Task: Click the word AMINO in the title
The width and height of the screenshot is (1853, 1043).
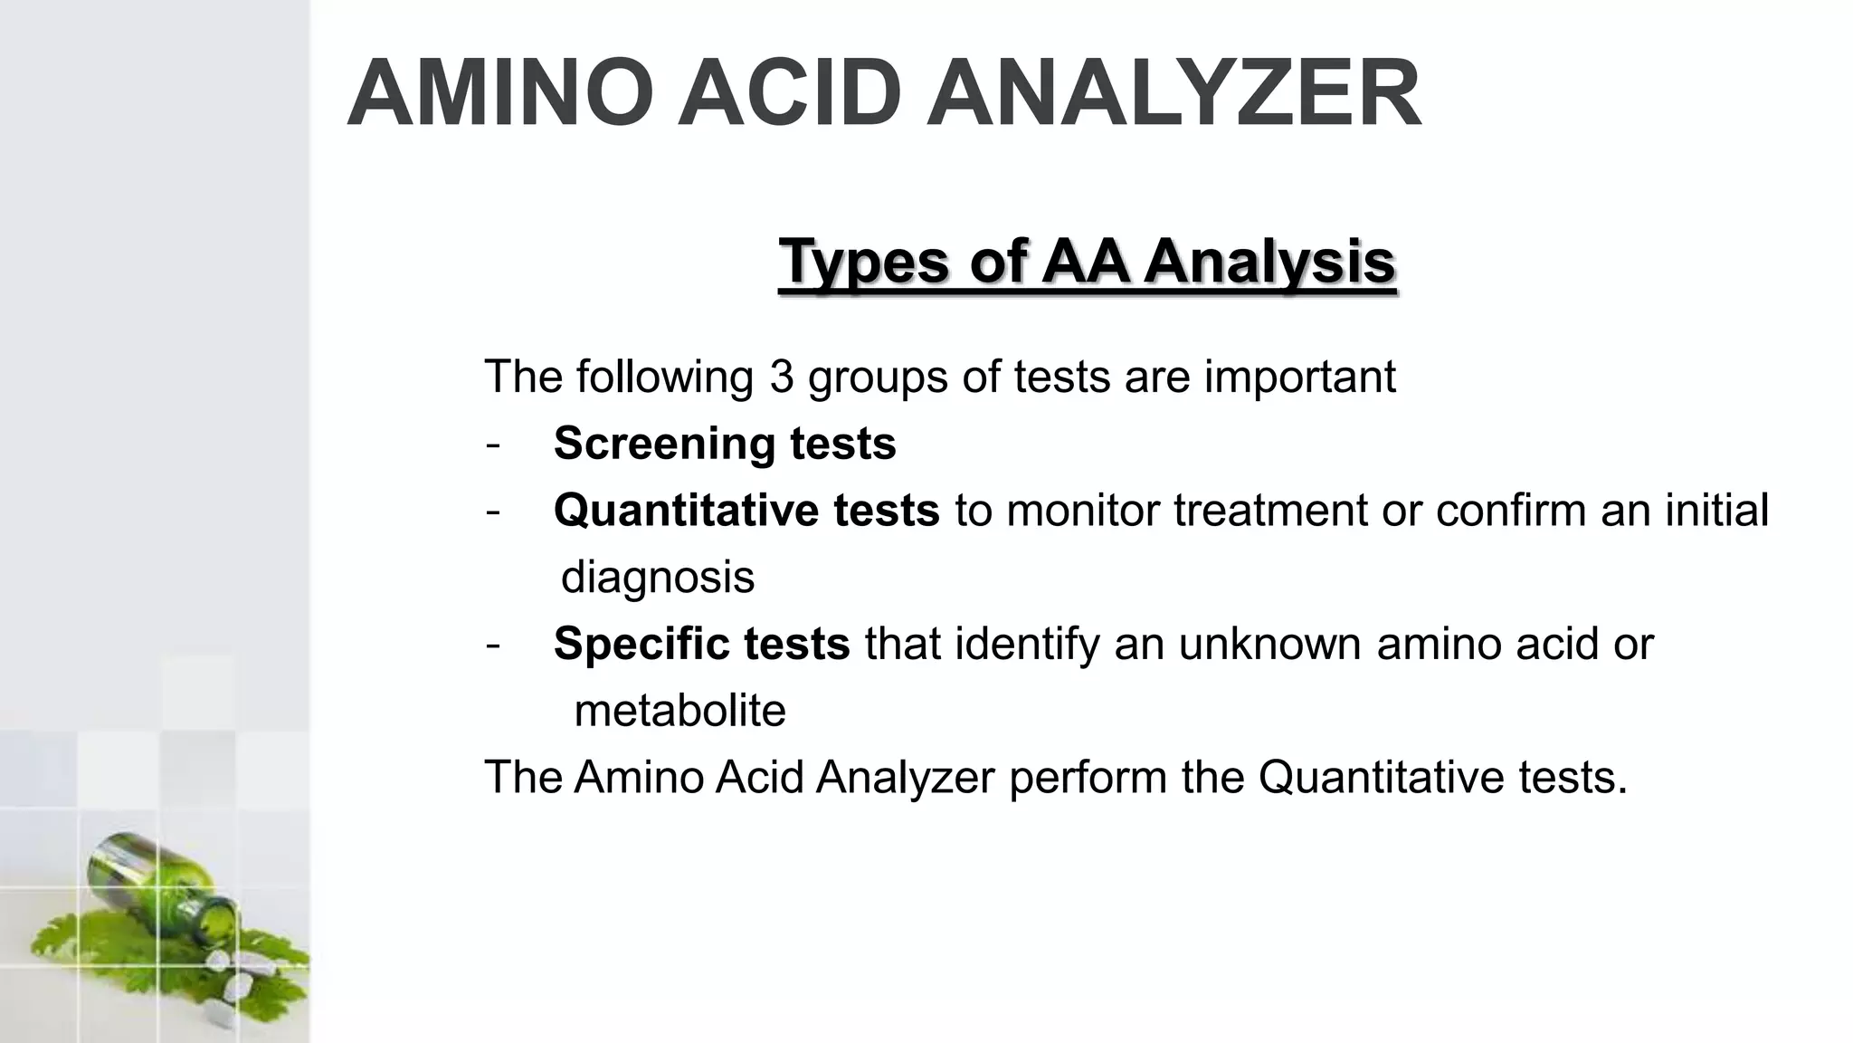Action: (500, 94)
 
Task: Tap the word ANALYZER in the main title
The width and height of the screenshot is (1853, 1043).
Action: (1174, 94)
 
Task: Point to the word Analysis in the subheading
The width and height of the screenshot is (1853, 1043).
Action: (1269, 262)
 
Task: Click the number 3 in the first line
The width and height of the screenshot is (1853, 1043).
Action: (782, 377)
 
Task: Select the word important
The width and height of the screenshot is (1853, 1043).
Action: (1299, 377)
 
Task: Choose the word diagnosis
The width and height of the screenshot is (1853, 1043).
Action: (658, 578)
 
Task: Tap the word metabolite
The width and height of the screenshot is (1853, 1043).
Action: (679, 711)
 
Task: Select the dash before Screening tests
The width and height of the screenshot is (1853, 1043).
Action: (492, 445)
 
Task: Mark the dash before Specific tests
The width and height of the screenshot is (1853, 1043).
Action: (492, 645)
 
